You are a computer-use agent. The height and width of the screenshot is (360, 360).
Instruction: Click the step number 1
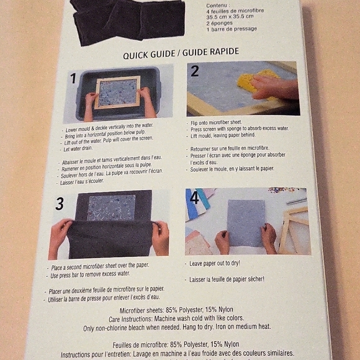73,78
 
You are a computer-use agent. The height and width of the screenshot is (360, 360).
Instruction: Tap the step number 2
195,71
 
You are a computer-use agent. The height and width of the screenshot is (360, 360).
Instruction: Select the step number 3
60,204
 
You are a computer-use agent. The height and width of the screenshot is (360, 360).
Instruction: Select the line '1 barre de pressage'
231,29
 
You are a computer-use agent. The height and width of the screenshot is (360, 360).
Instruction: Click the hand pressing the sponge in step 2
277,88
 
